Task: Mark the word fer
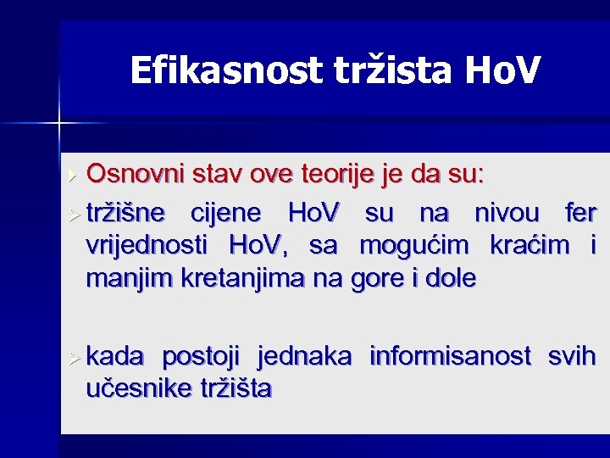(x=580, y=210)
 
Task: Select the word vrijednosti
(x=146, y=245)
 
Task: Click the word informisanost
(x=447, y=356)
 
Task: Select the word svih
(x=572, y=356)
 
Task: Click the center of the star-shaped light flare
(x=60, y=124)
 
